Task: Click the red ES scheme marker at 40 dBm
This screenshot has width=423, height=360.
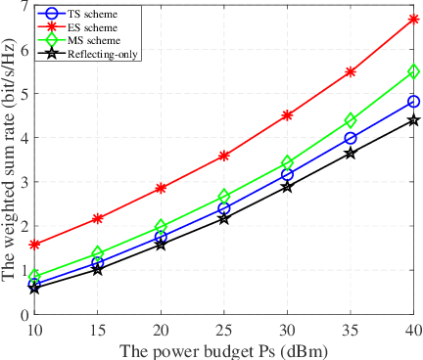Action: tap(414, 19)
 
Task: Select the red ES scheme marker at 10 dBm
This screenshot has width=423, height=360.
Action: tap(34, 245)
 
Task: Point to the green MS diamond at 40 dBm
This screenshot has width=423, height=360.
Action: tap(414, 71)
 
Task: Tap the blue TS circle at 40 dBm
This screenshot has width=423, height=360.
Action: tap(414, 102)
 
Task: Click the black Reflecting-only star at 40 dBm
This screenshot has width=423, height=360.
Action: tap(414, 120)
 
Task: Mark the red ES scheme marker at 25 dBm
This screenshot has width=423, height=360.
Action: tap(224, 156)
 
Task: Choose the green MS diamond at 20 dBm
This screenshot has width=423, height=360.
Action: tap(161, 227)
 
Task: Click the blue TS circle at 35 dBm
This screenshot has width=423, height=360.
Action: tap(351, 138)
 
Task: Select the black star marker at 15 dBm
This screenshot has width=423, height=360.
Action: tap(98, 269)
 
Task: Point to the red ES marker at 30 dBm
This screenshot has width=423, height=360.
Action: tap(288, 114)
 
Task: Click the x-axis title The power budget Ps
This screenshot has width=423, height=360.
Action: tap(224, 348)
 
